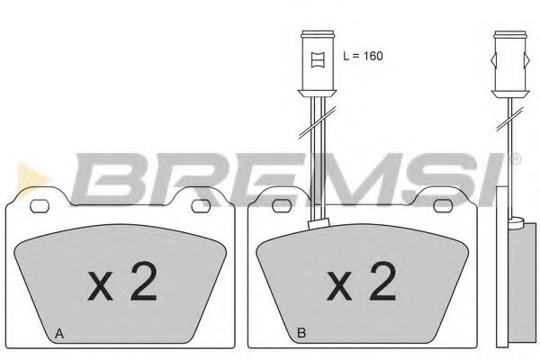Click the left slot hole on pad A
click(40, 206)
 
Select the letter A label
click(59, 334)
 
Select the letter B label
click(302, 334)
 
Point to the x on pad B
click(339, 288)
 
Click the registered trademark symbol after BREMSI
click(515, 160)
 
